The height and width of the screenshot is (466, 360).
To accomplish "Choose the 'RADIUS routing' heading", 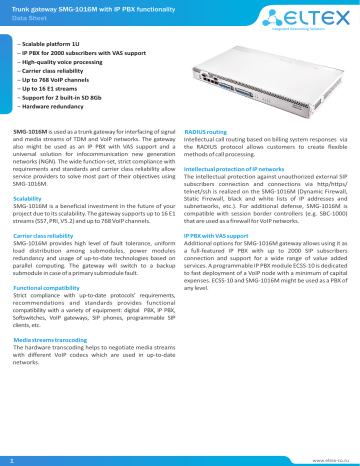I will [210, 131].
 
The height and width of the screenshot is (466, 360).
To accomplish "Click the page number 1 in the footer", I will [9, 458].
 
